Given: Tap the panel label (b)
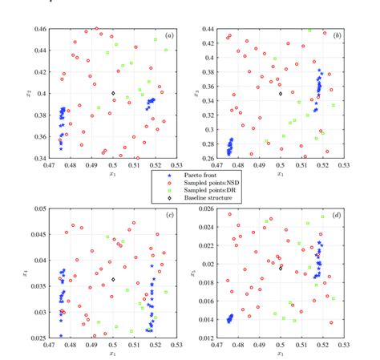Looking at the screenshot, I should click(337, 37).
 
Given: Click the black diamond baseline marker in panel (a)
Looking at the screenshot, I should click(113, 93).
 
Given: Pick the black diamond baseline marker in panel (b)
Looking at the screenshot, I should click(281, 94).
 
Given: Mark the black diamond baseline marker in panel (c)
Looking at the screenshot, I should click(113, 279).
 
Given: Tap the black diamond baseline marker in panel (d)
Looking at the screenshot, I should click(281, 268).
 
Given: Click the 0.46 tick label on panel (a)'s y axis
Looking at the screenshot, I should click(39, 30).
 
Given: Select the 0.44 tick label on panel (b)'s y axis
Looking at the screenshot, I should click(208, 30).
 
